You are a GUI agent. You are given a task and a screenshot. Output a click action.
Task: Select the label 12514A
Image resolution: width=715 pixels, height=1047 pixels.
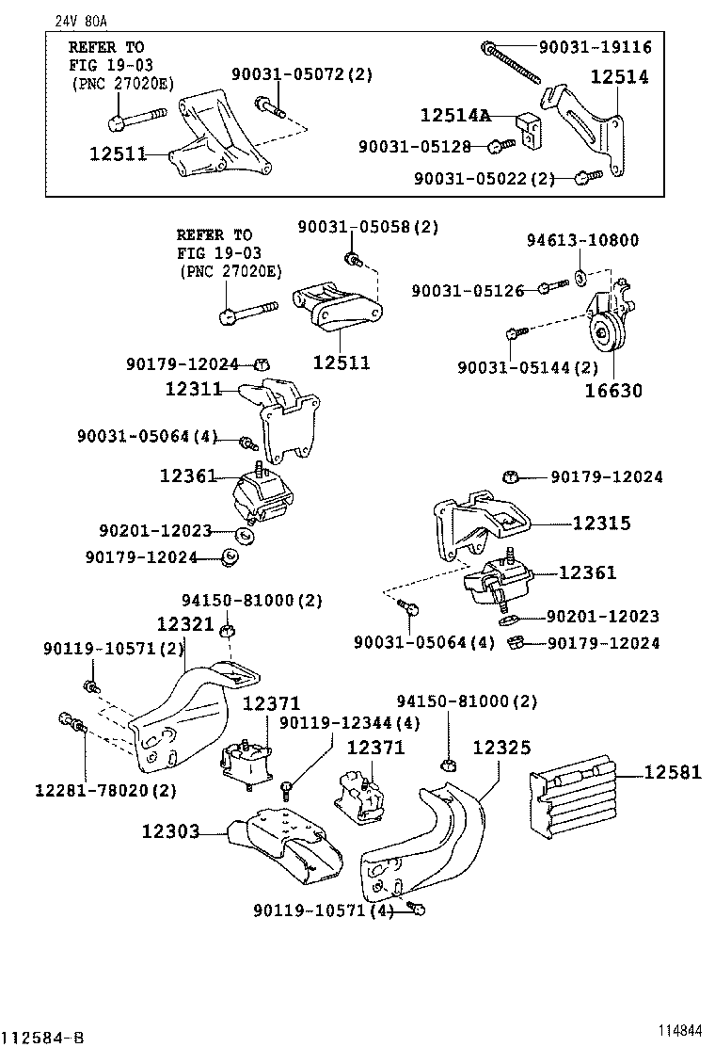click(455, 116)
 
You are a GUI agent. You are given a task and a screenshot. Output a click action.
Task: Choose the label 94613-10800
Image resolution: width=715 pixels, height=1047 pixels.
click(581, 240)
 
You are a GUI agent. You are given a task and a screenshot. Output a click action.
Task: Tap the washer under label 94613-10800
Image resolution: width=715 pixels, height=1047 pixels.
click(581, 276)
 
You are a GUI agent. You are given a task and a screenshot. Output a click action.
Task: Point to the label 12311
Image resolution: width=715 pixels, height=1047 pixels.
click(194, 388)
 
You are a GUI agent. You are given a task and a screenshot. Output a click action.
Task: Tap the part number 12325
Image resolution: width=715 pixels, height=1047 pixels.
click(501, 748)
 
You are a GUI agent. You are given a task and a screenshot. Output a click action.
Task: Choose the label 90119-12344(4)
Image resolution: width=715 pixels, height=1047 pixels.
click(350, 722)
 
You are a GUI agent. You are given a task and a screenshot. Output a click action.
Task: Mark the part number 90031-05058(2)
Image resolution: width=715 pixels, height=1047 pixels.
click(369, 227)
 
